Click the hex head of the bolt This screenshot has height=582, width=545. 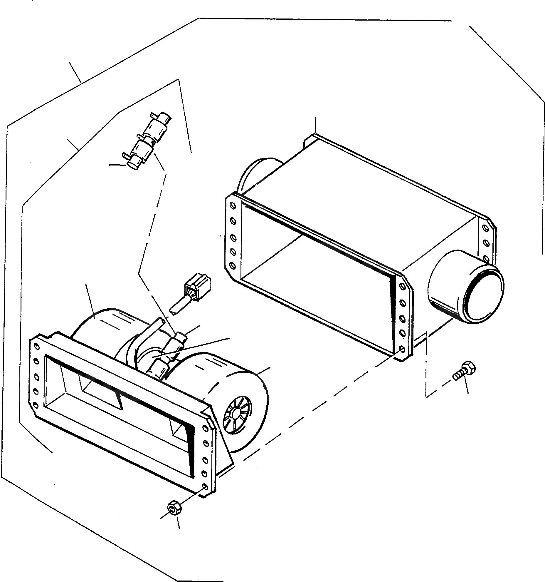468,368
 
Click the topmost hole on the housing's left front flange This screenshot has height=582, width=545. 233,206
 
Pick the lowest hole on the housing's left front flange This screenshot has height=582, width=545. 233,266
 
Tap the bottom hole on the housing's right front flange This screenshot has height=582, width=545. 402,349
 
